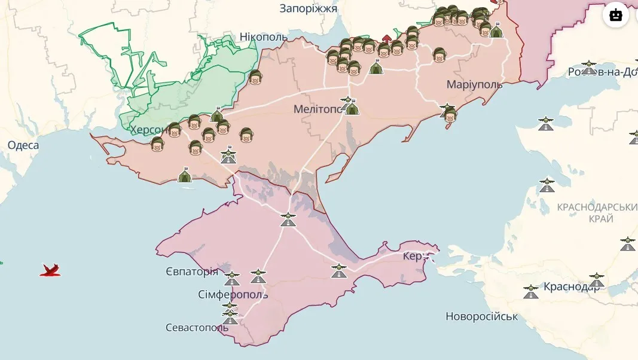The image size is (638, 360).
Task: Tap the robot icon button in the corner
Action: [616, 15]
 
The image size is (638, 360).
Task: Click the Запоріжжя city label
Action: [308, 8]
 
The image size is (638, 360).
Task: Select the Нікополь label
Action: [263, 37]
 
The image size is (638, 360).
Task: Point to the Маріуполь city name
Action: [474, 85]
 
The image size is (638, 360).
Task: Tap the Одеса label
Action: [23, 145]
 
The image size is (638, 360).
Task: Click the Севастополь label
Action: [197, 328]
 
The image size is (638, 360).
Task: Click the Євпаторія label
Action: [192, 272]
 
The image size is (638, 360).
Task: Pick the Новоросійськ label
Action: [481, 316]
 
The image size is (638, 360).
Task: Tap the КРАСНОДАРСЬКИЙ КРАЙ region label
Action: [596, 213]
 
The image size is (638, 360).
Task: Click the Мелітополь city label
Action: [318, 109]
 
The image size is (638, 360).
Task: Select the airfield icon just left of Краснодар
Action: [530, 291]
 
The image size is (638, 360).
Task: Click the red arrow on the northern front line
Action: [386, 39]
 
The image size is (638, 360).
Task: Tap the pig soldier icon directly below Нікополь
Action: [255, 77]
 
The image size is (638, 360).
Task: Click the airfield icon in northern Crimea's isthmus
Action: [288, 218]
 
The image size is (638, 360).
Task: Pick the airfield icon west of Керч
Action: [339, 270]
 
